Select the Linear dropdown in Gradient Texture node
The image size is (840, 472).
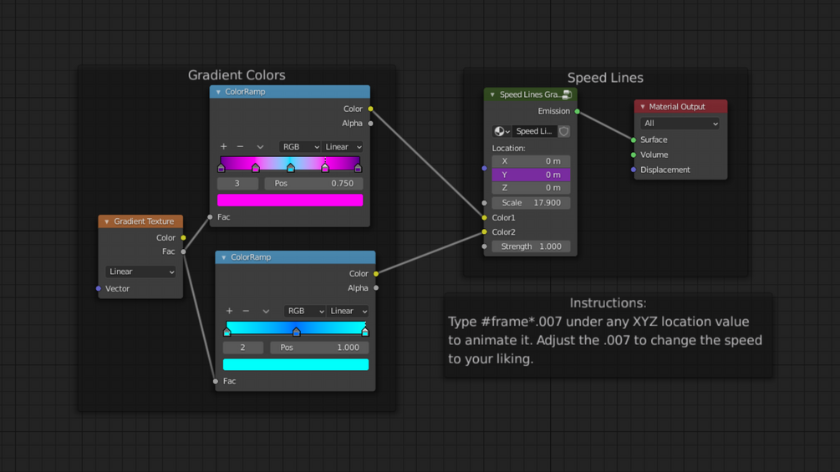point(140,272)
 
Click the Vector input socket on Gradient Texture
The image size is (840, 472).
point(99,289)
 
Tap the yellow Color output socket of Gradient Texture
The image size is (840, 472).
point(184,238)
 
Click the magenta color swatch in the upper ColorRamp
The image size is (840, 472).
point(290,200)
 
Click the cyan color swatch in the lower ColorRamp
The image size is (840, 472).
point(296,365)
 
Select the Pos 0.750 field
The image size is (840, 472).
point(313,184)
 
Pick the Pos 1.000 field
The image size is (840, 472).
point(319,348)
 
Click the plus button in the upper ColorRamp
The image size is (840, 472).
point(224,147)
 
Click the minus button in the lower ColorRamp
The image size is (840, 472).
point(246,312)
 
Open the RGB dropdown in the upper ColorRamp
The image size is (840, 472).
point(299,147)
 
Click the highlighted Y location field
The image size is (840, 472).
point(531,175)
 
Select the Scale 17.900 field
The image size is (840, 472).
point(531,203)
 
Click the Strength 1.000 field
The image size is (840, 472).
point(531,246)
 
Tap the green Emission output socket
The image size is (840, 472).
point(578,111)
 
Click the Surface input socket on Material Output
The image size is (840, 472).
point(634,140)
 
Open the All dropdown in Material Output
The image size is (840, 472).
point(680,124)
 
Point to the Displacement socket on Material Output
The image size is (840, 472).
point(634,170)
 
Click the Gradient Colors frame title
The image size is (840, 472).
point(237,75)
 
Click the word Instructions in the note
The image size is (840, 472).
point(608,303)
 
